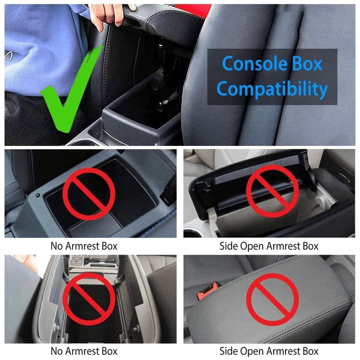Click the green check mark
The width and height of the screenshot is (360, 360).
click(68, 94)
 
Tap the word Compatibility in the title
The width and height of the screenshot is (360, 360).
click(273, 89)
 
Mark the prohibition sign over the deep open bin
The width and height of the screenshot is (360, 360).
click(89, 297)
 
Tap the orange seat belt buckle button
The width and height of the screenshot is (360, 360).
click(206, 292)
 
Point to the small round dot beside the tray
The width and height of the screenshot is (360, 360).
click(38, 196)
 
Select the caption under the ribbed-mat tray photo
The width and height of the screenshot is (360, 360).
click(84, 246)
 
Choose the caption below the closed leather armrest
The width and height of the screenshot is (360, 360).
click(269, 351)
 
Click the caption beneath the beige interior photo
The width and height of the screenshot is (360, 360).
click(269, 246)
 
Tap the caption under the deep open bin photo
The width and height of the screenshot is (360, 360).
click(84, 351)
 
